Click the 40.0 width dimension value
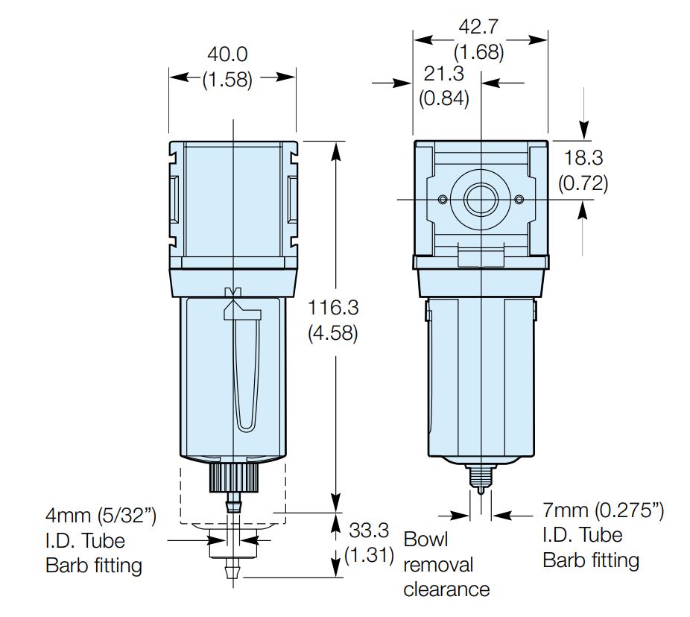coord(227,54)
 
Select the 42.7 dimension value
coord(478,28)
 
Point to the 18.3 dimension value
coord(583,158)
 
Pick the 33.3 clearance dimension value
coord(368,531)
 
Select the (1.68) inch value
coord(478,53)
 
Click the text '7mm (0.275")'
coord(603,510)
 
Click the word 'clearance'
coord(446,589)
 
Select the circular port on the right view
coord(481,200)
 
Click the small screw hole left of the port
coord(443,200)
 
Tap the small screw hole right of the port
coord(519,200)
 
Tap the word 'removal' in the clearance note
coord(438,564)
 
